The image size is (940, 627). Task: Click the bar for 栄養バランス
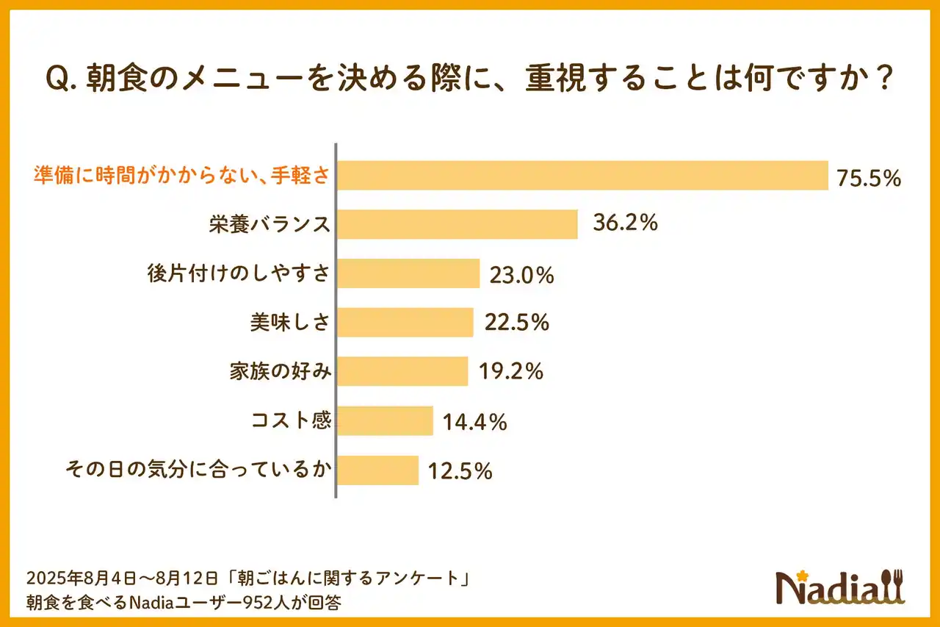tap(457, 224)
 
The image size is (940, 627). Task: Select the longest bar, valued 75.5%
tap(582, 176)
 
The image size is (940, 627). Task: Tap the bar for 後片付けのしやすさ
tap(408, 273)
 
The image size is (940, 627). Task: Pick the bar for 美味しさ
tap(405, 322)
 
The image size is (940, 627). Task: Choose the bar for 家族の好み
tap(402, 371)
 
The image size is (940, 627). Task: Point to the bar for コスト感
tap(385, 421)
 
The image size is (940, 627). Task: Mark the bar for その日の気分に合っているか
tap(377, 470)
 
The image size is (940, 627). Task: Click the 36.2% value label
tap(625, 223)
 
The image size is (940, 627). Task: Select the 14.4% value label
tap(474, 422)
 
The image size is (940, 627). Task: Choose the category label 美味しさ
tap(289, 322)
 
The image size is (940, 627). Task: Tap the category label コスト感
tap(291, 421)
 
